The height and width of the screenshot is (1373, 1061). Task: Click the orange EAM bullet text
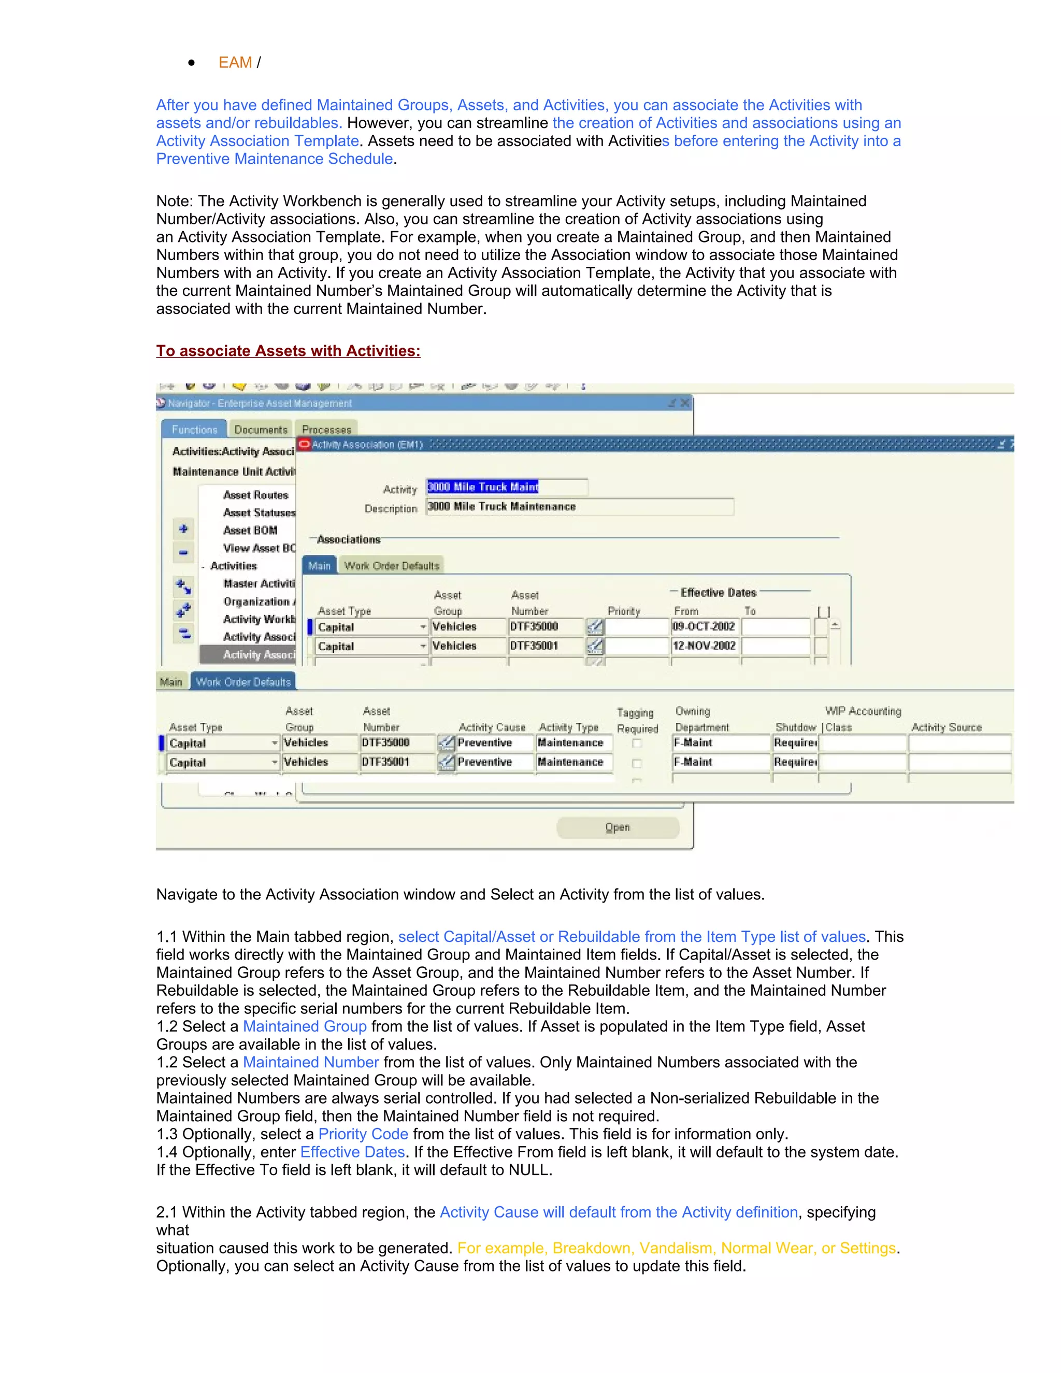pyautogui.click(x=235, y=62)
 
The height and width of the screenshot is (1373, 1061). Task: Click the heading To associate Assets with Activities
pyautogui.click(x=288, y=351)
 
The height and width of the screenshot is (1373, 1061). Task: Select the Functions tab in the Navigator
pyautogui.click(x=194, y=430)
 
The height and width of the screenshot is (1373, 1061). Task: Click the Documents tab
pyautogui.click(x=261, y=430)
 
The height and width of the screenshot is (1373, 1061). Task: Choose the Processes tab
pyautogui.click(x=326, y=430)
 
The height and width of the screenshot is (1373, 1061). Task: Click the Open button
pyautogui.click(x=617, y=827)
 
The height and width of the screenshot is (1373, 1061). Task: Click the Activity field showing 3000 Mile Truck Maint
pyautogui.click(x=506, y=487)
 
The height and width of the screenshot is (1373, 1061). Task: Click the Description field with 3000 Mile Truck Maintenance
pyautogui.click(x=578, y=506)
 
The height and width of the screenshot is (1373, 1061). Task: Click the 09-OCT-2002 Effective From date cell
pyautogui.click(x=704, y=626)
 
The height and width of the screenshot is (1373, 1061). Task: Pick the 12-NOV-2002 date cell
pyautogui.click(x=704, y=646)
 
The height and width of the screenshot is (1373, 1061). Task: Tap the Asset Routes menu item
pyautogui.click(x=256, y=495)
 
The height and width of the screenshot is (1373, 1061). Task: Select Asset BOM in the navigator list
pyautogui.click(x=250, y=530)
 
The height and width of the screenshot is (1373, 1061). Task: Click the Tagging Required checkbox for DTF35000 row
pyautogui.click(x=637, y=743)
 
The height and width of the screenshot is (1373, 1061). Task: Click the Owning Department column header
pyautogui.click(x=701, y=719)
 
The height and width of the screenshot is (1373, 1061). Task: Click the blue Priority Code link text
pyautogui.click(x=363, y=1134)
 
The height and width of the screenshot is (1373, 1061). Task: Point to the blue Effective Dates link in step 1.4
pyautogui.click(x=353, y=1152)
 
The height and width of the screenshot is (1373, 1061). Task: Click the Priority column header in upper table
pyautogui.click(x=624, y=611)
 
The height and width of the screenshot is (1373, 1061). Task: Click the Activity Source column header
pyautogui.click(x=946, y=727)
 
